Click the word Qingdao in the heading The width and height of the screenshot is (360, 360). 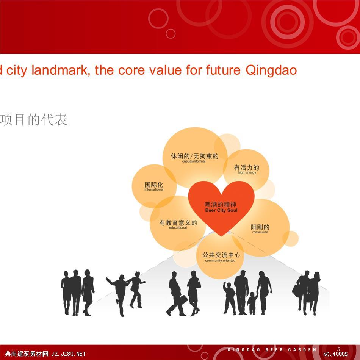pyautogui.click(x=271, y=70)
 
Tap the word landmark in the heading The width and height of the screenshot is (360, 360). pyautogui.click(x=61, y=70)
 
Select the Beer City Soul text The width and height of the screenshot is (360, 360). pyautogui.click(x=221, y=210)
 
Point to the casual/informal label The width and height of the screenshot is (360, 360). pyautogui.click(x=194, y=161)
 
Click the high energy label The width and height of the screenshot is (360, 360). pyautogui.click(x=247, y=172)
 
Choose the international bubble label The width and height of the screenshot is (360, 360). pyautogui.click(x=154, y=189)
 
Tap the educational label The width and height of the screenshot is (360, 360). pyautogui.click(x=178, y=227)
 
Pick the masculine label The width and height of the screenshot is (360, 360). pyautogui.click(x=260, y=232)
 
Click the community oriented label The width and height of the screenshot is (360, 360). pyautogui.click(x=220, y=261)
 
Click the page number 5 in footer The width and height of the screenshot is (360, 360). pyautogui.click(x=339, y=349)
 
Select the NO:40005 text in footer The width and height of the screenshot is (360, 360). pyautogui.click(x=335, y=354)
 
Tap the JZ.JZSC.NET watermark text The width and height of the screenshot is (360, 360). pyautogui.click(x=69, y=354)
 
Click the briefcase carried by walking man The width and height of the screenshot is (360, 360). pyautogui.click(x=184, y=299)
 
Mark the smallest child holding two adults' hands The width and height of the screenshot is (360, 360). pyautogui.click(x=252, y=303)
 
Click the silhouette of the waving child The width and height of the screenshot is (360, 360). pyautogui.click(x=230, y=298)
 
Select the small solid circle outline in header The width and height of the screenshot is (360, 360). pyautogui.click(x=171, y=34)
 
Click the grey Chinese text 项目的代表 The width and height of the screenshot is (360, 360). pyautogui.click(x=33, y=120)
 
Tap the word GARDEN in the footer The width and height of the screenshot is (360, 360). pyautogui.click(x=302, y=350)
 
